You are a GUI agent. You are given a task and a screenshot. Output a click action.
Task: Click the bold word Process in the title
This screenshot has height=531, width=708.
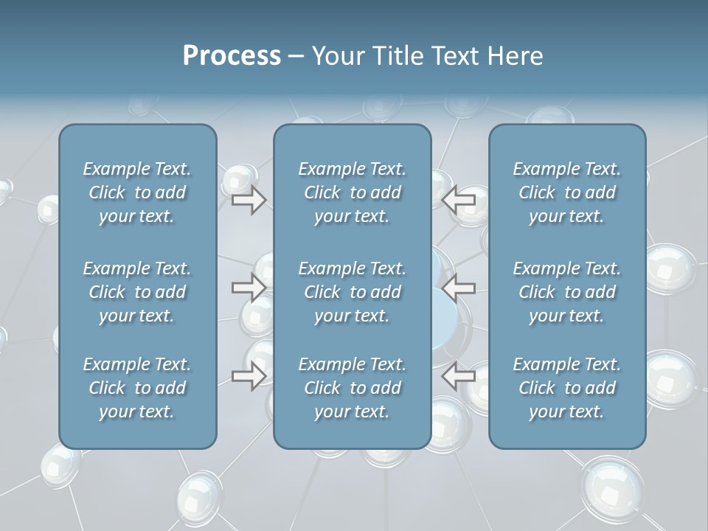tap(232, 56)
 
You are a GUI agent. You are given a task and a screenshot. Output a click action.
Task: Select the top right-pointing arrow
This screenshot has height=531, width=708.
tap(249, 200)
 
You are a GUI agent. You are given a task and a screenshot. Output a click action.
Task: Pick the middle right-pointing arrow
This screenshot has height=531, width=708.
tap(249, 288)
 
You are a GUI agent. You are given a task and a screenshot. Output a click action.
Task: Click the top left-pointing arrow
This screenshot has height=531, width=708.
tap(459, 200)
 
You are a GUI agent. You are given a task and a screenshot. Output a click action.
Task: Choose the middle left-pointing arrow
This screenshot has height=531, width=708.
tap(459, 288)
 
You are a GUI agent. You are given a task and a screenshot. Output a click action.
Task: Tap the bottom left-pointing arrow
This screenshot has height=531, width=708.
tap(459, 376)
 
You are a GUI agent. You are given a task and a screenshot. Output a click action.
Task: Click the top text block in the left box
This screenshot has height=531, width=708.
tap(137, 192)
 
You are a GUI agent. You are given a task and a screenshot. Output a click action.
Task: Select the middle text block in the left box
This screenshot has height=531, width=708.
tap(137, 292)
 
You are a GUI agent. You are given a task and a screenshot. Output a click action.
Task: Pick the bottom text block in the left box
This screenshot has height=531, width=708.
tap(137, 388)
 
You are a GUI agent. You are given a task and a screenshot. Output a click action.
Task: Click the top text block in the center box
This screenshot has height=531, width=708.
tap(352, 192)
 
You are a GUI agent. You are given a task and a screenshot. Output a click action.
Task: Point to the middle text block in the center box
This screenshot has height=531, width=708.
tap(352, 292)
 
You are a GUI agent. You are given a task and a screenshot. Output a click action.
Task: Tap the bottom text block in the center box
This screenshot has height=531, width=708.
tap(352, 388)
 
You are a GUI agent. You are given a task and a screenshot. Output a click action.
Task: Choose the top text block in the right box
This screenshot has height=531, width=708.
tap(566, 192)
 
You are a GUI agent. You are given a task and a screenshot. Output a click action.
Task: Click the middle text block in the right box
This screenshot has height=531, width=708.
tap(566, 292)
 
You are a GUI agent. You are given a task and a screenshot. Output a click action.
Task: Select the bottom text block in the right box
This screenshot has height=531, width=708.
tap(566, 388)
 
